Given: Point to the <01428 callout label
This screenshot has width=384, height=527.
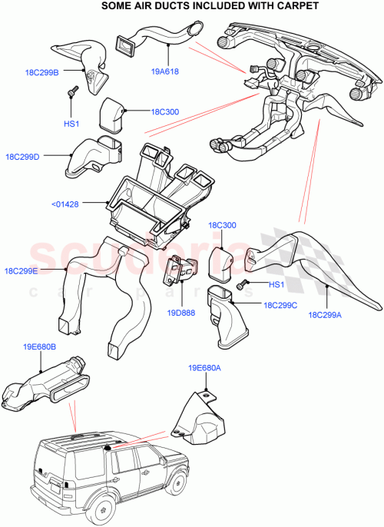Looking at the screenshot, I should [x=67, y=204].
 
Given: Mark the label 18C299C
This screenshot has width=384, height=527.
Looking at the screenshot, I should [x=280, y=305].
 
